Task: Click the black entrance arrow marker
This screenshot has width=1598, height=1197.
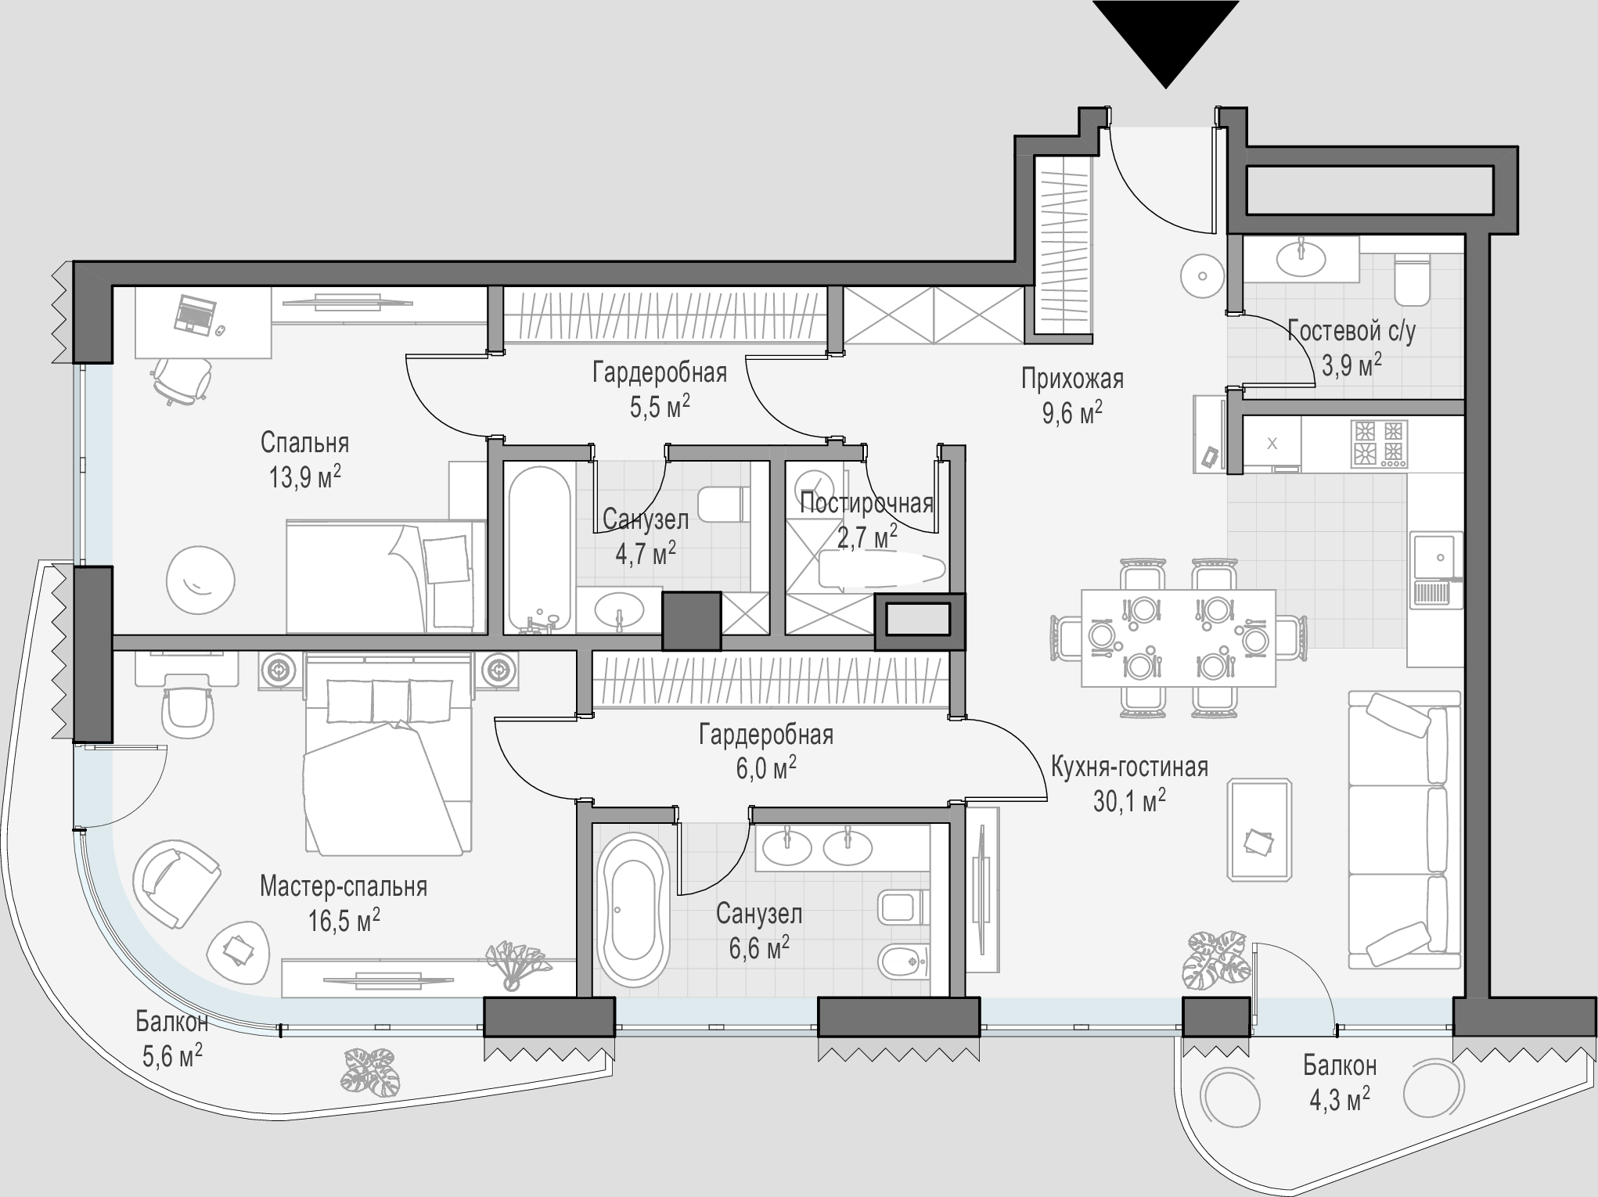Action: [1165, 43]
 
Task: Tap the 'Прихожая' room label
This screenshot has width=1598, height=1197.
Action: [1072, 379]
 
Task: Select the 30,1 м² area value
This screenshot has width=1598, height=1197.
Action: [1129, 801]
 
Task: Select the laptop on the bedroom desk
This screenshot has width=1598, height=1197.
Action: [193, 315]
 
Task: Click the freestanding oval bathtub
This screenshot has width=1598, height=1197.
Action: [632, 908]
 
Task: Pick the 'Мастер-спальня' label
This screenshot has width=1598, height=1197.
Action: [344, 887]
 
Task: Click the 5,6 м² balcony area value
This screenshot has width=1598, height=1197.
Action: [171, 1058]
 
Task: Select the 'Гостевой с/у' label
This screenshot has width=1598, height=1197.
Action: [1351, 332]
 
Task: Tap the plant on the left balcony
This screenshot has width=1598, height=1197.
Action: [369, 1073]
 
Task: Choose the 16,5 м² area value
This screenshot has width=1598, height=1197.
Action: [344, 921]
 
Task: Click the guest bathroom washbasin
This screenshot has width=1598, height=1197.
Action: [1301, 259]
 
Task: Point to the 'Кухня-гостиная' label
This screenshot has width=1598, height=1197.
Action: [1129, 767]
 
